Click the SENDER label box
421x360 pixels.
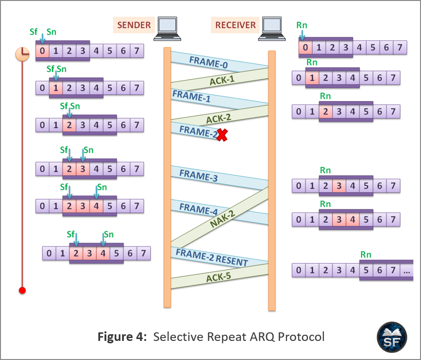[134, 25]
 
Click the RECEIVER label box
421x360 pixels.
[235, 25]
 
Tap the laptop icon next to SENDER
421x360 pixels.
[167, 29]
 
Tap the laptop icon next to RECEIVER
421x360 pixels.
[272, 29]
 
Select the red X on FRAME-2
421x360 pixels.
[222, 135]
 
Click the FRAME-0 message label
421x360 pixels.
[208, 62]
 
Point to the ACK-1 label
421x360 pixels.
[222, 80]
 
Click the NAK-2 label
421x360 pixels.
[223, 218]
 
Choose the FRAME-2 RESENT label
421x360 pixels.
[212, 257]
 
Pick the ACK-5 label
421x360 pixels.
[218, 277]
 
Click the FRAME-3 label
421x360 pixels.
[198, 175]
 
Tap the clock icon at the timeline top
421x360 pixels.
[22, 54]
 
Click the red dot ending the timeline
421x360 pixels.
[22, 290]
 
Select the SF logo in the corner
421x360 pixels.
[392, 337]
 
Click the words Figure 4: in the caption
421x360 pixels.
[122, 337]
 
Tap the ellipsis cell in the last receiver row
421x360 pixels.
[407, 270]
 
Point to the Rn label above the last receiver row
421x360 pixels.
[366, 255]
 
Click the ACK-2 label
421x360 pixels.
[218, 118]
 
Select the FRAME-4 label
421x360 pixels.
[198, 209]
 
